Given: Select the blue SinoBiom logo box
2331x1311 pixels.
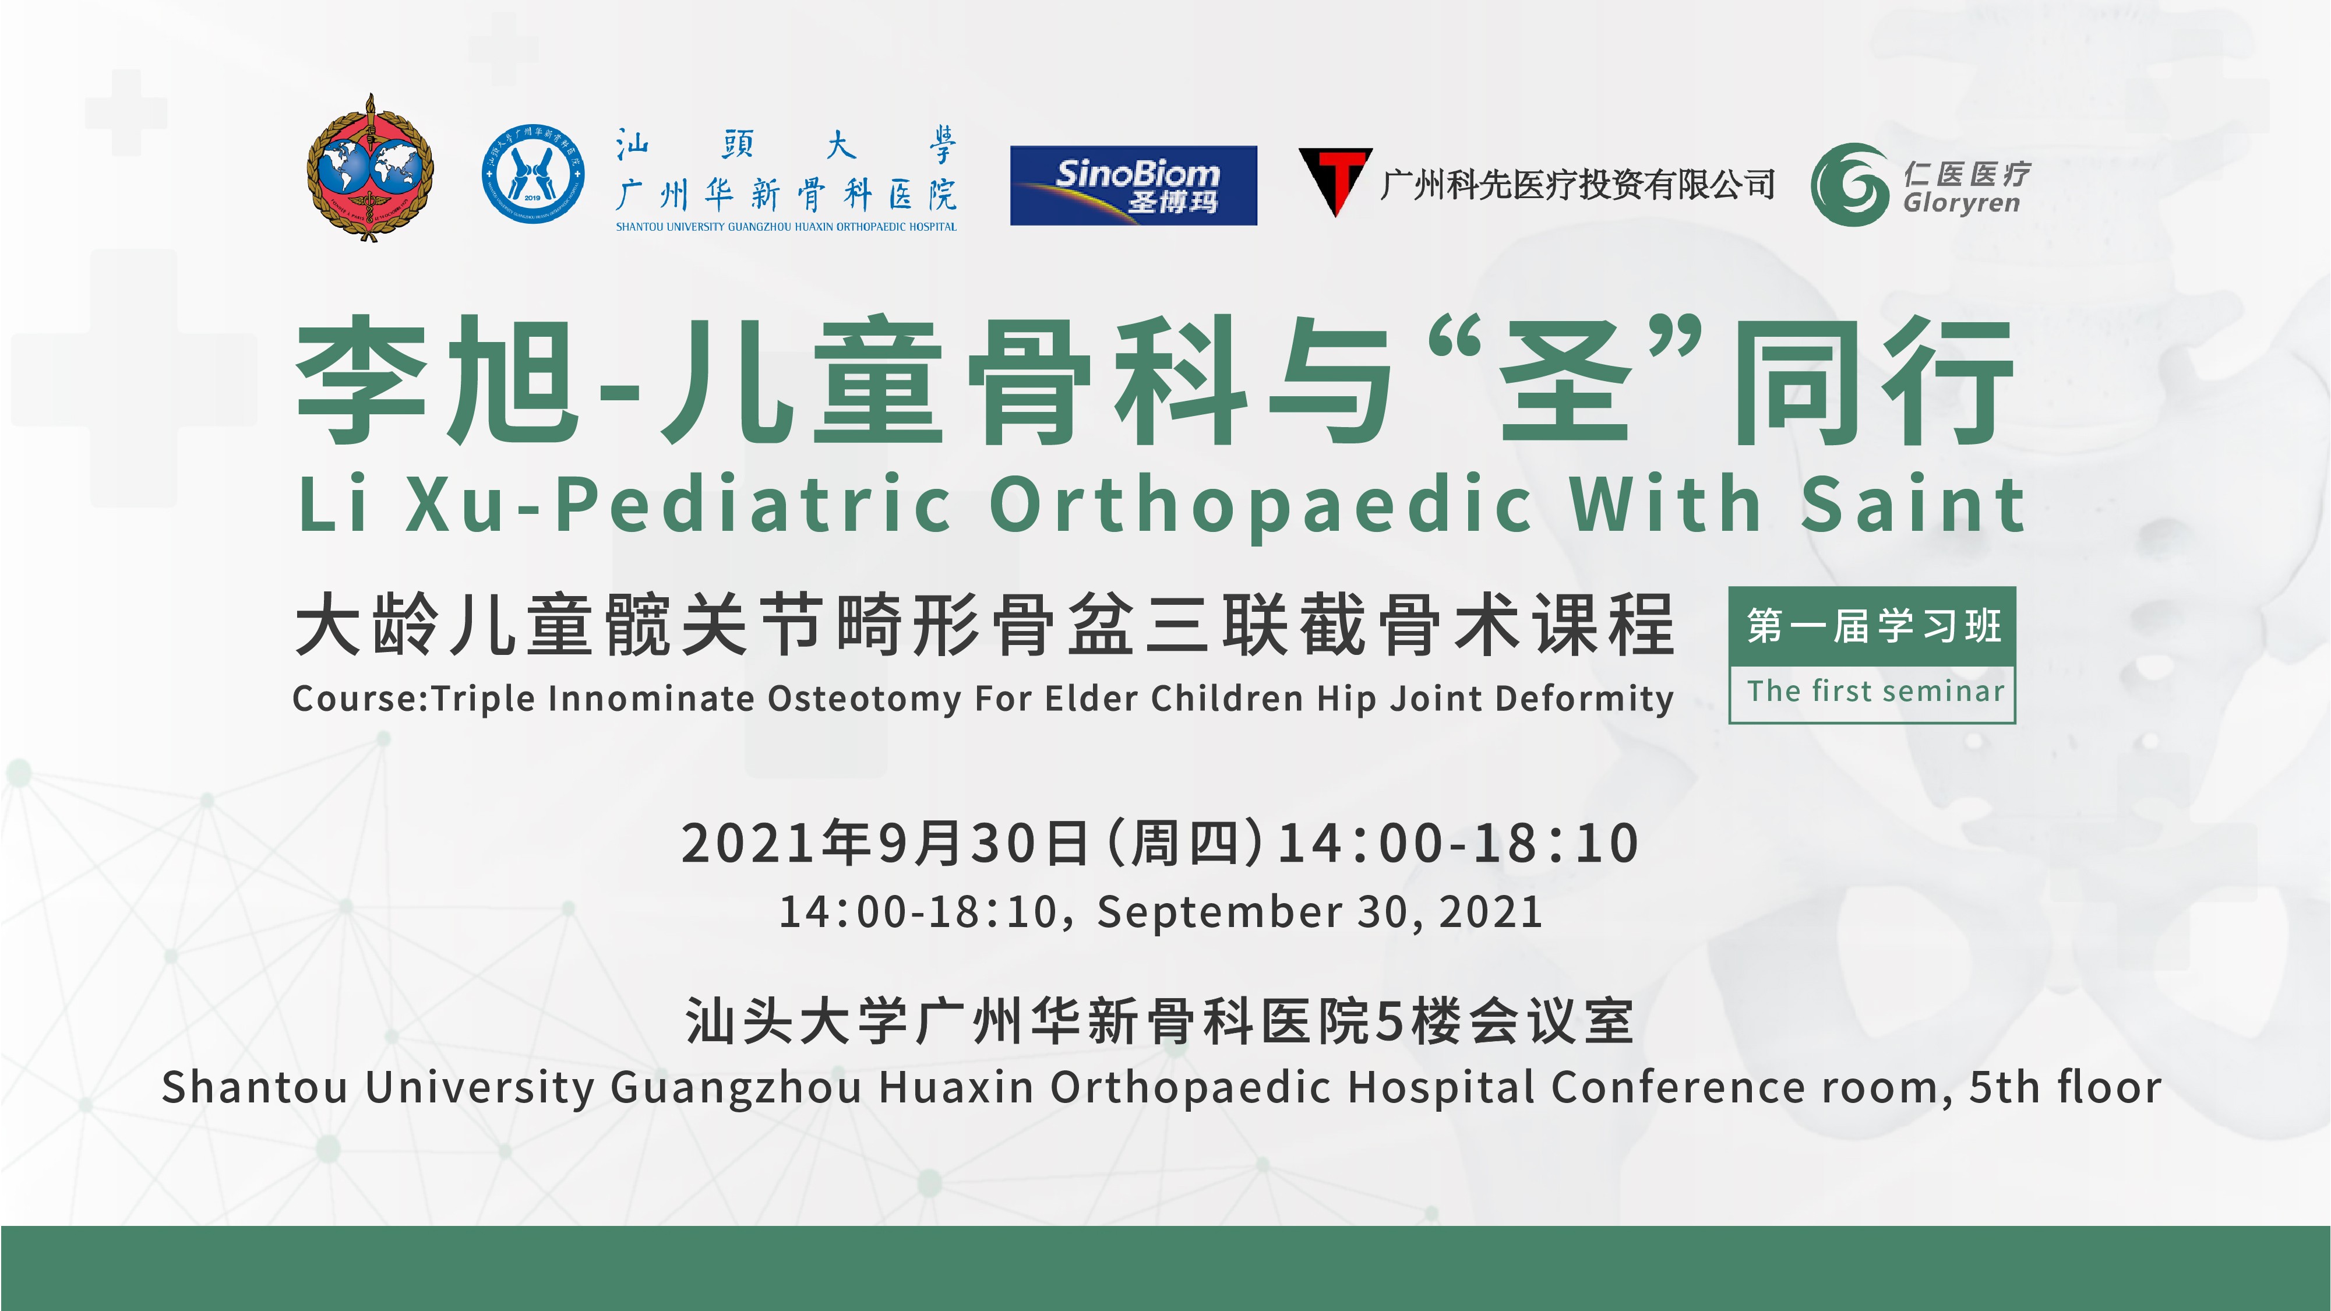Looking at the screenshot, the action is point(1133,185).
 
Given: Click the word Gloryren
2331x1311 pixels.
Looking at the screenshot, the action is point(1961,203).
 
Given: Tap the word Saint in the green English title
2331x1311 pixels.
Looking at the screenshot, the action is point(1913,504).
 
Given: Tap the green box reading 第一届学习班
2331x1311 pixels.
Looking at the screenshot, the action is point(1872,626).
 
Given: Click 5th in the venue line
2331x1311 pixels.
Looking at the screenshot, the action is point(2002,1087).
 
